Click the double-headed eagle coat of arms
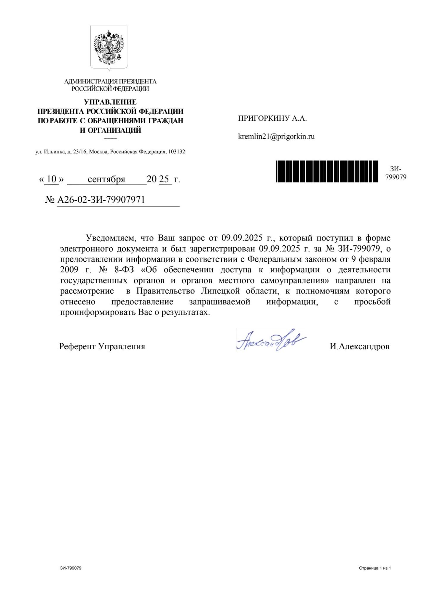click(109, 48)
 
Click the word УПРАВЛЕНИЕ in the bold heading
click(110, 102)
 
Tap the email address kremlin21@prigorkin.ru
click(276, 136)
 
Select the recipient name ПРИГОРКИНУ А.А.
click(272, 118)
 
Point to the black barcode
click(327, 171)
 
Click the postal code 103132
click(177, 152)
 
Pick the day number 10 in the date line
click(52, 179)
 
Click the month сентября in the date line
click(106, 179)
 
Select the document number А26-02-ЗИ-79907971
click(101, 200)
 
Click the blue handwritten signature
click(271, 340)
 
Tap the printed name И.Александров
click(359, 346)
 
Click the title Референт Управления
click(102, 346)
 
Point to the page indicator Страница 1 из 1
click(375, 568)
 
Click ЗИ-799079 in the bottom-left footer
click(71, 568)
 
